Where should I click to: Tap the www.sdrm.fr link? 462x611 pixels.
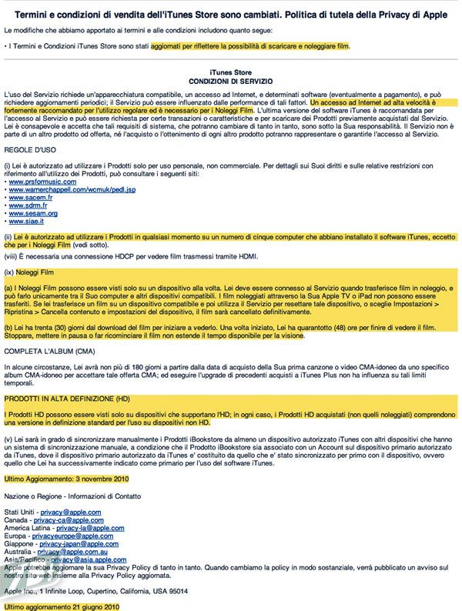27,205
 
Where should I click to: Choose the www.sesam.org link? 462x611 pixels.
31,213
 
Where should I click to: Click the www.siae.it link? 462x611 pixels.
26,221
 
